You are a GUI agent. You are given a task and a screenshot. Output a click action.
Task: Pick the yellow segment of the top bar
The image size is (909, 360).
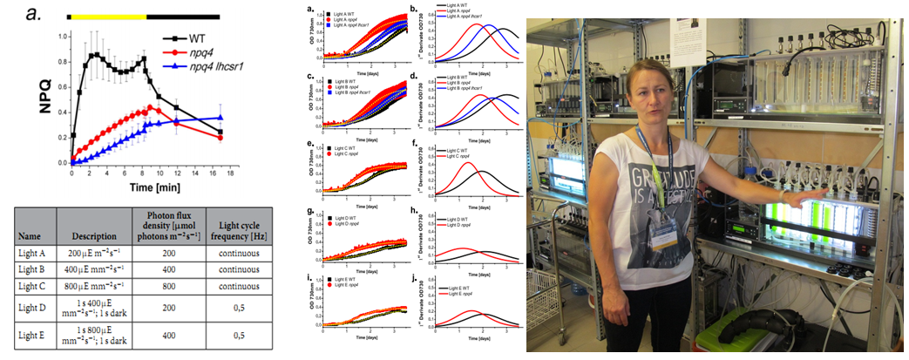[x=108, y=16]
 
